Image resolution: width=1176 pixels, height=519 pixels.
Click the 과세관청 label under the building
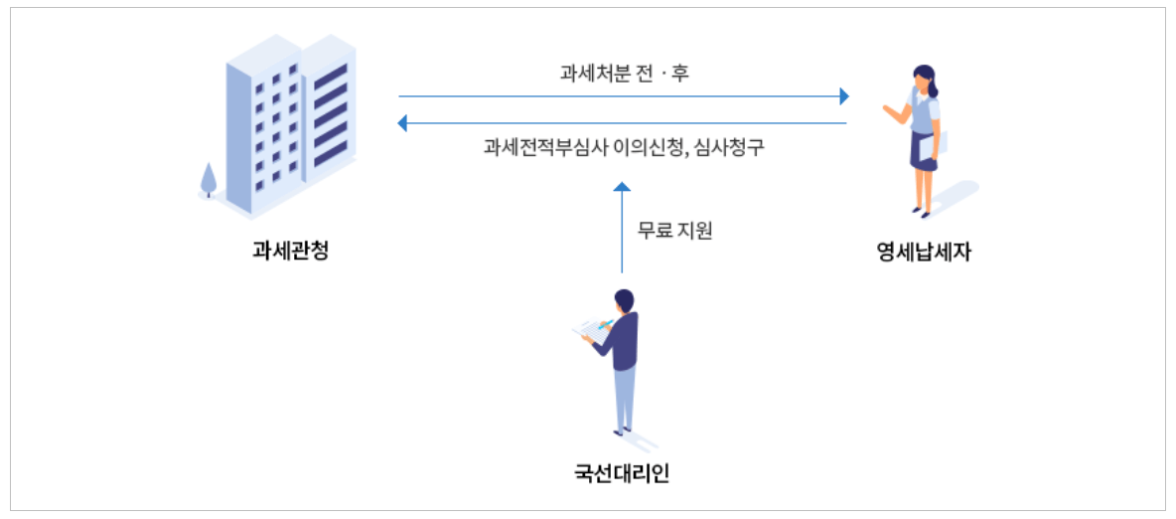pyautogui.click(x=289, y=251)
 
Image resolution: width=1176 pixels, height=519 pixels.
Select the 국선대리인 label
pyautogui.click(x=622, y=473)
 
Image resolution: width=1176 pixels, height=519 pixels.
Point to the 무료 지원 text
pyautogui.click(x=675, y=231)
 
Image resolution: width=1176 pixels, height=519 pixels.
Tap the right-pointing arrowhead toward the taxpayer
pyautogui.click(x=844, y=96)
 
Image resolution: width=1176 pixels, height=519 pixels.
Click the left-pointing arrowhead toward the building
pyautogui.click(x=401, y=123)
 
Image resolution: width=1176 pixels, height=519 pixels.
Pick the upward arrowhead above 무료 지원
pyautogui.click(x=622, y=186)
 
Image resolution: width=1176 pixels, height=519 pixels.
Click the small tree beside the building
pyautogui.click(x=209, y=179)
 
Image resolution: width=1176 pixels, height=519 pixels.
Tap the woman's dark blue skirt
pyautogui.click(x=923, y=151)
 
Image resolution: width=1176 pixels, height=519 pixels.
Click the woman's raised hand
pyautogui.click(x=887, y=108)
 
